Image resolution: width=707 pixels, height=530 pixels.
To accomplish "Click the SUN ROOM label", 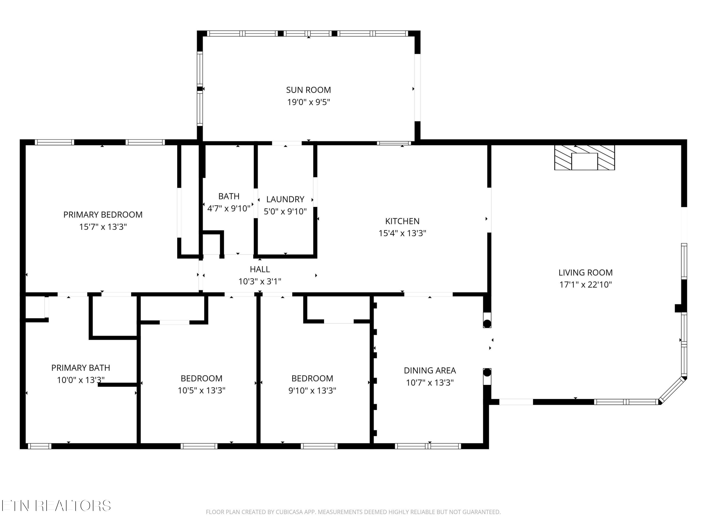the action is (x=308, y=90).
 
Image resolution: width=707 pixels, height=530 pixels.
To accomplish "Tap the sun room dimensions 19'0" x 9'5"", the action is (x=308, y=102).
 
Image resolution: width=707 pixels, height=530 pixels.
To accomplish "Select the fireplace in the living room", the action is (x=584, y=158).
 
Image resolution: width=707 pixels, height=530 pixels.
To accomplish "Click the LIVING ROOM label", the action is (x=586, y=273).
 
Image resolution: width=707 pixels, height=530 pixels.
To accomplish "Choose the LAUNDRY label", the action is (x=285, y=199).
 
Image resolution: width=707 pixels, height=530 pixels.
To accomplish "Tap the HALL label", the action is (x=260, y=269).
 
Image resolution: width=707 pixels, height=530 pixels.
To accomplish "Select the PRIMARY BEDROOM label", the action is (x=103, y=215).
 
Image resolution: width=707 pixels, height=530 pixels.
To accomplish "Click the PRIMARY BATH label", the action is (x=81, y=368).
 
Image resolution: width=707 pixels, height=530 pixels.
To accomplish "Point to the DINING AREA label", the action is (x=430, y=371).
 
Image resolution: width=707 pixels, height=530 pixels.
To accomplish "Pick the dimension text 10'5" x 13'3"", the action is (x=202, y=390).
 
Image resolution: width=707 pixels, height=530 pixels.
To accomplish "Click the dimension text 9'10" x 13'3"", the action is (x=312, y=390).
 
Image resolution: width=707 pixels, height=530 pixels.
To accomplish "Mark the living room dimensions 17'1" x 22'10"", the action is (x=586, y=285).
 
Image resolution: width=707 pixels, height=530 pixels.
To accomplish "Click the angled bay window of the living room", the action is (x=673, y=390).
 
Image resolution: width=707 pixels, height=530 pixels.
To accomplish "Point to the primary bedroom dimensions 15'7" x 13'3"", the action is (x=103, y=227).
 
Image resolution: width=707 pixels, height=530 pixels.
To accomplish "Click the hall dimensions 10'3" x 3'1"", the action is (x=260, y=281).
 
